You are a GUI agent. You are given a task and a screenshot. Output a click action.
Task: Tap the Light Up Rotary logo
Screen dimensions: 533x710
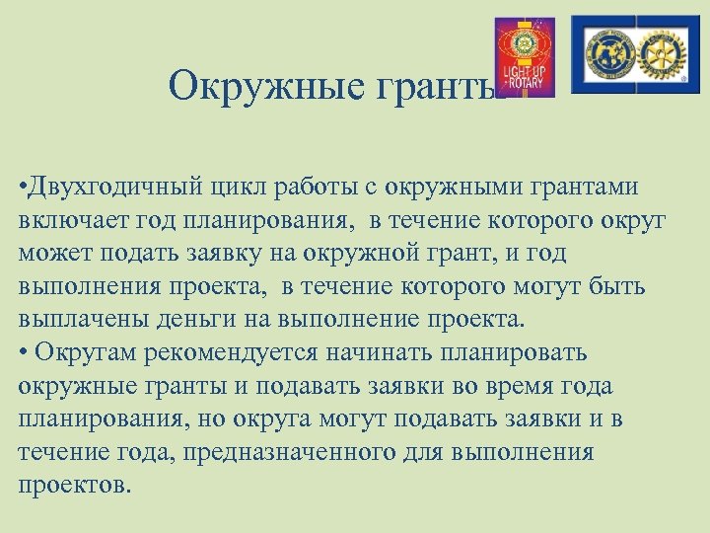[524, 56]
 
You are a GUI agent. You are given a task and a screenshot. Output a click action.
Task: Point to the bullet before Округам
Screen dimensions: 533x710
[23, 352]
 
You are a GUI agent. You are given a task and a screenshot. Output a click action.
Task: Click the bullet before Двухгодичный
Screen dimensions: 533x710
[23, 187]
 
